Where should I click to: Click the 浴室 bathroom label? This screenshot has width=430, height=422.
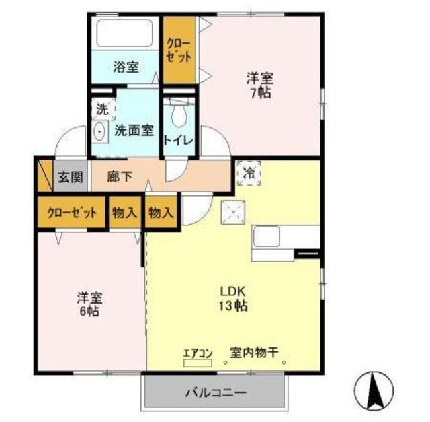(126, 67)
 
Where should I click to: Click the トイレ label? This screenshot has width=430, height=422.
(179, 140)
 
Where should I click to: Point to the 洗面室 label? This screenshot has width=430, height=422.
(134, 130)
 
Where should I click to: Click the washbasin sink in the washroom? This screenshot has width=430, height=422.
(100, 131)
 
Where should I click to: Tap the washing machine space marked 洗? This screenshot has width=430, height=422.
(101, 108)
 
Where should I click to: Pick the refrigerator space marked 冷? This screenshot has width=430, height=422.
(249, 172)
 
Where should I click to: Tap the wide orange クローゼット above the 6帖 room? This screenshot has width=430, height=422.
(73, 213)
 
